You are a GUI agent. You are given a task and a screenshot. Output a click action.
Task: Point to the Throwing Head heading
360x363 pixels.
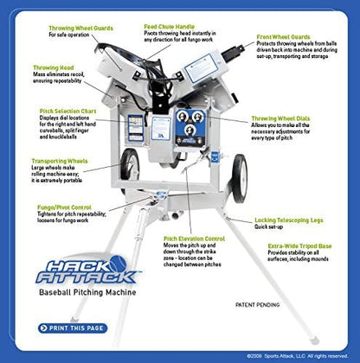(x=53, y=67)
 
